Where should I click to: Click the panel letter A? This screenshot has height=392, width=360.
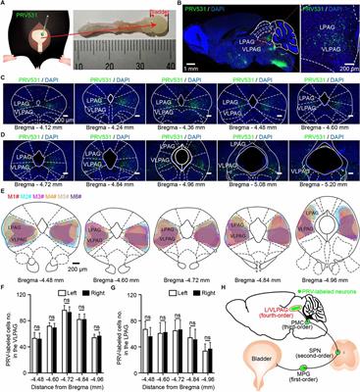click(x=5, y=5)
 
